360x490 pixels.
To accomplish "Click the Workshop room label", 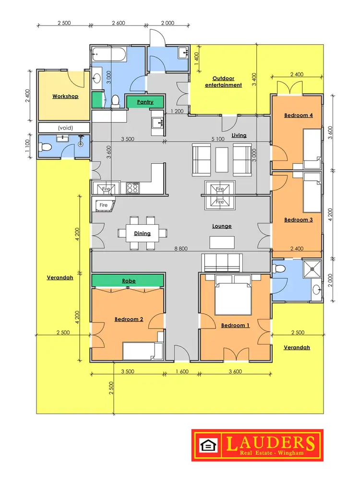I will pyautogui.click(x=65, y=96).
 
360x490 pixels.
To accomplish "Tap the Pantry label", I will pyautogui.click(x=145, y=102).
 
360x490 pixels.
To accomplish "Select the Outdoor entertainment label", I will pyautogui.click(x=223, y=82).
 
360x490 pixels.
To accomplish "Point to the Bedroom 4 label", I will pyautogui.click(x=299, y=115).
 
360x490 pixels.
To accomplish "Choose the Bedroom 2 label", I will pyautogui.click(x=129, y=318).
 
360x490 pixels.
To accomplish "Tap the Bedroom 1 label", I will pyautogui.click(x=235, y=325).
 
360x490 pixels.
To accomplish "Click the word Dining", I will pyautogui.click(x=143, y=233).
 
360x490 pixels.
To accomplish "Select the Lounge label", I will pyautogui.click(x=222, y=226).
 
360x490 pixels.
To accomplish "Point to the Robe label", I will pyautogui.click(x=129, y=281).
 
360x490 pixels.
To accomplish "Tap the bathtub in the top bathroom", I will pyautogui.click(x=109, y=54).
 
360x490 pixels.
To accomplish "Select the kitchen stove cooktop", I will pyautogui.click(x=132, y=188).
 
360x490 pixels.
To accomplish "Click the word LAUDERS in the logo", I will pyautogui.click(x=271, y=442).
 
